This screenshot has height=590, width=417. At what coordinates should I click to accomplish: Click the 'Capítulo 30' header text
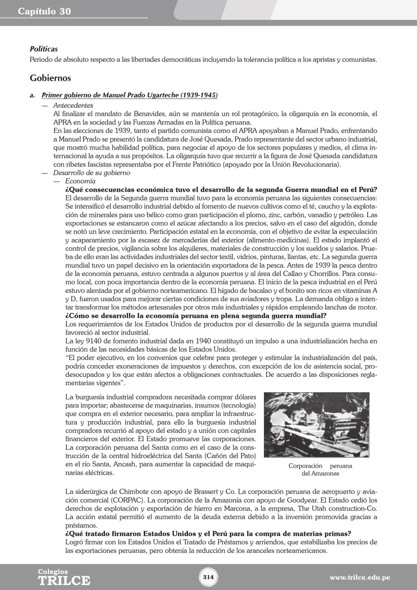(44, 12)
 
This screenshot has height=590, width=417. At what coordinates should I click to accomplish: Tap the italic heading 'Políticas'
(44, 49)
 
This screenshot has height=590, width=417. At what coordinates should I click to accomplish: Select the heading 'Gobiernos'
(50, 78)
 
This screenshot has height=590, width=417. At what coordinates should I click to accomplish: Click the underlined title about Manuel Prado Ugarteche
(129, 95)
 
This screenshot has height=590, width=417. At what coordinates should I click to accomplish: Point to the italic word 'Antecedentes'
(73, 105)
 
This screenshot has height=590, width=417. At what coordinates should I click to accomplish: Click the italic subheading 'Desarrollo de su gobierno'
(92, 173)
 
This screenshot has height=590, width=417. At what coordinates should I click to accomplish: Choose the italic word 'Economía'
(80, 181)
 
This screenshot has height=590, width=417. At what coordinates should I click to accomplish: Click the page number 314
(208, 577)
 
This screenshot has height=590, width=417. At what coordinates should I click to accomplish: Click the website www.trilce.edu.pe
(359, 578)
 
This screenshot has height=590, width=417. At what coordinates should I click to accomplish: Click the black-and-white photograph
(316, 425)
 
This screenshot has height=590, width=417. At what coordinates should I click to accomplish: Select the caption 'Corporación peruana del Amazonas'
(320, 469)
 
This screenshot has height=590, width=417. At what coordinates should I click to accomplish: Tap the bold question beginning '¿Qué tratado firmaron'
(208, 534)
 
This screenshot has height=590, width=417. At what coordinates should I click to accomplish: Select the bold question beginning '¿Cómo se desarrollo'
(196, 316)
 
